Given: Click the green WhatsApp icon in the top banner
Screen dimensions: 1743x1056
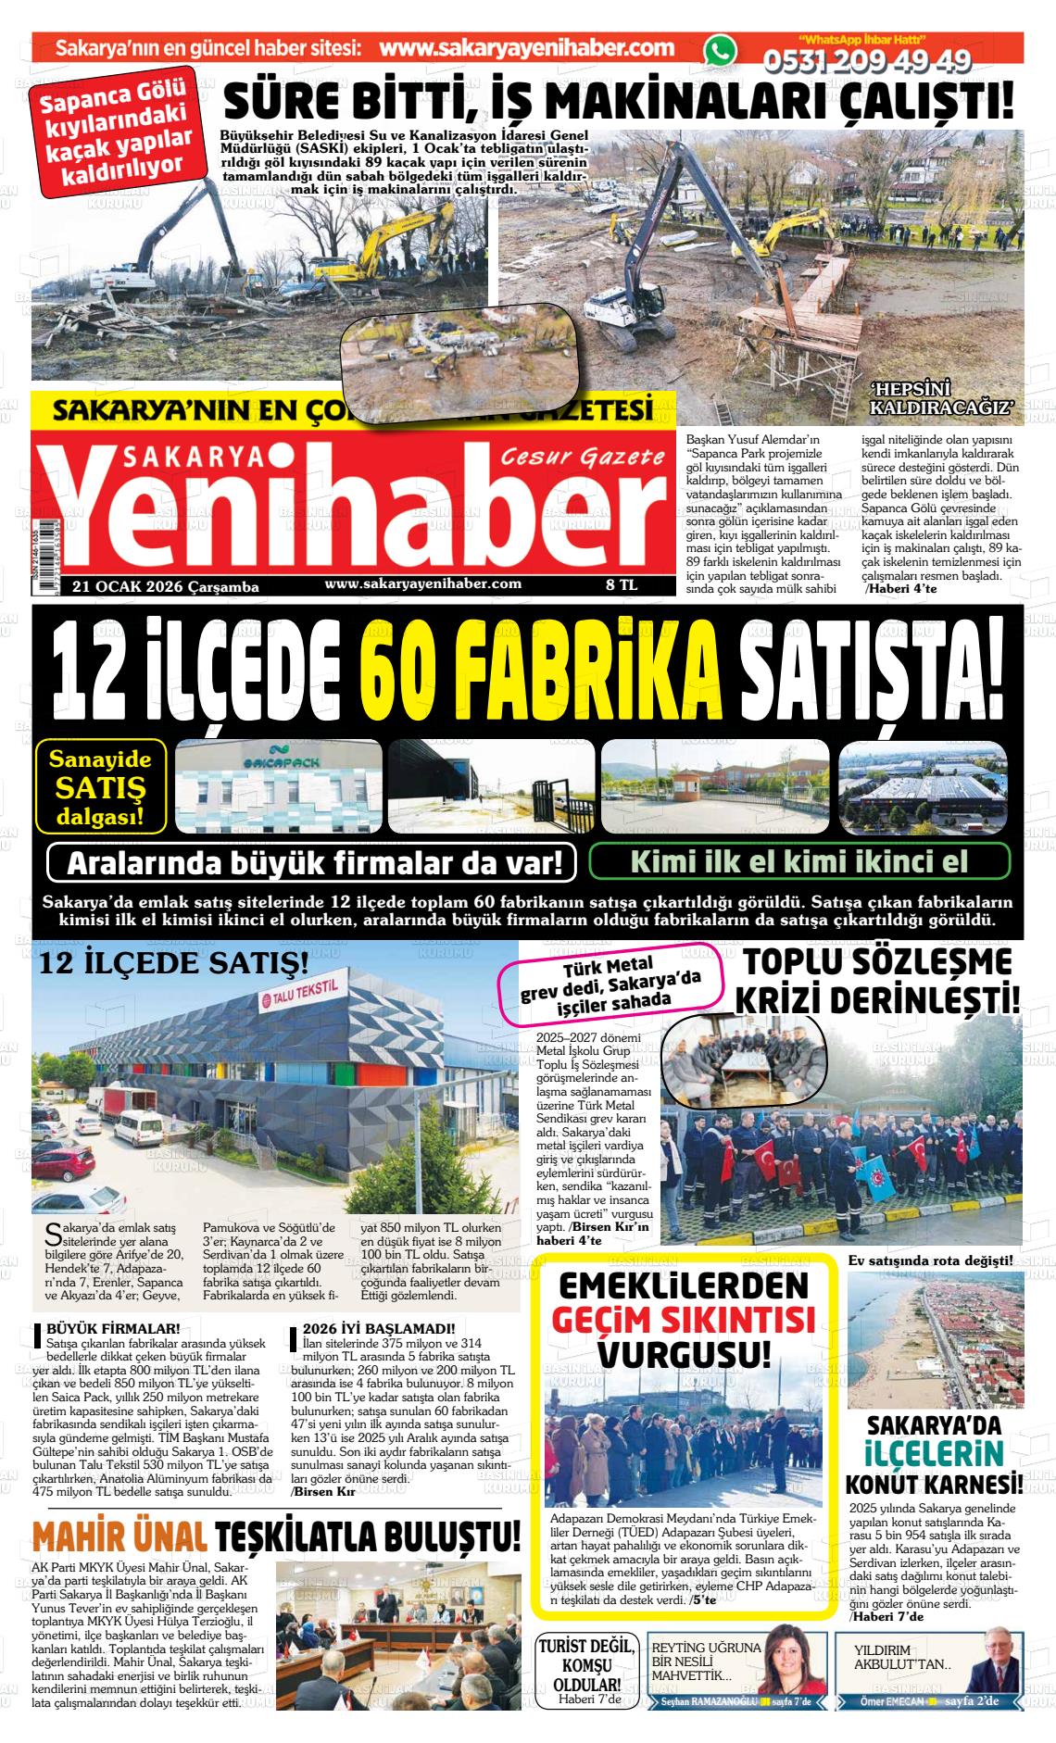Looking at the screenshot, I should [717, 51].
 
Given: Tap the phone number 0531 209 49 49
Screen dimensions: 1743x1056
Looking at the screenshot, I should [866, 61].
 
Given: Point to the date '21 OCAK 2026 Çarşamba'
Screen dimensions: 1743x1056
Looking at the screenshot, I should [166, 586].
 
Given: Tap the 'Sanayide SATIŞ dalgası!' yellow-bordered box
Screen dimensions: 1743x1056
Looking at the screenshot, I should [101, 787].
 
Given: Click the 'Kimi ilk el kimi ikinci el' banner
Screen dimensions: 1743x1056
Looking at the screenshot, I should [798, 861].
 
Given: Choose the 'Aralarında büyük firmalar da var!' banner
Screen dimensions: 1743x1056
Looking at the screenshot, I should [314, 864].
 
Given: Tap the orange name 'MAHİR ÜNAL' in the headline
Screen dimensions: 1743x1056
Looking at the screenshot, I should [118, 1536].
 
